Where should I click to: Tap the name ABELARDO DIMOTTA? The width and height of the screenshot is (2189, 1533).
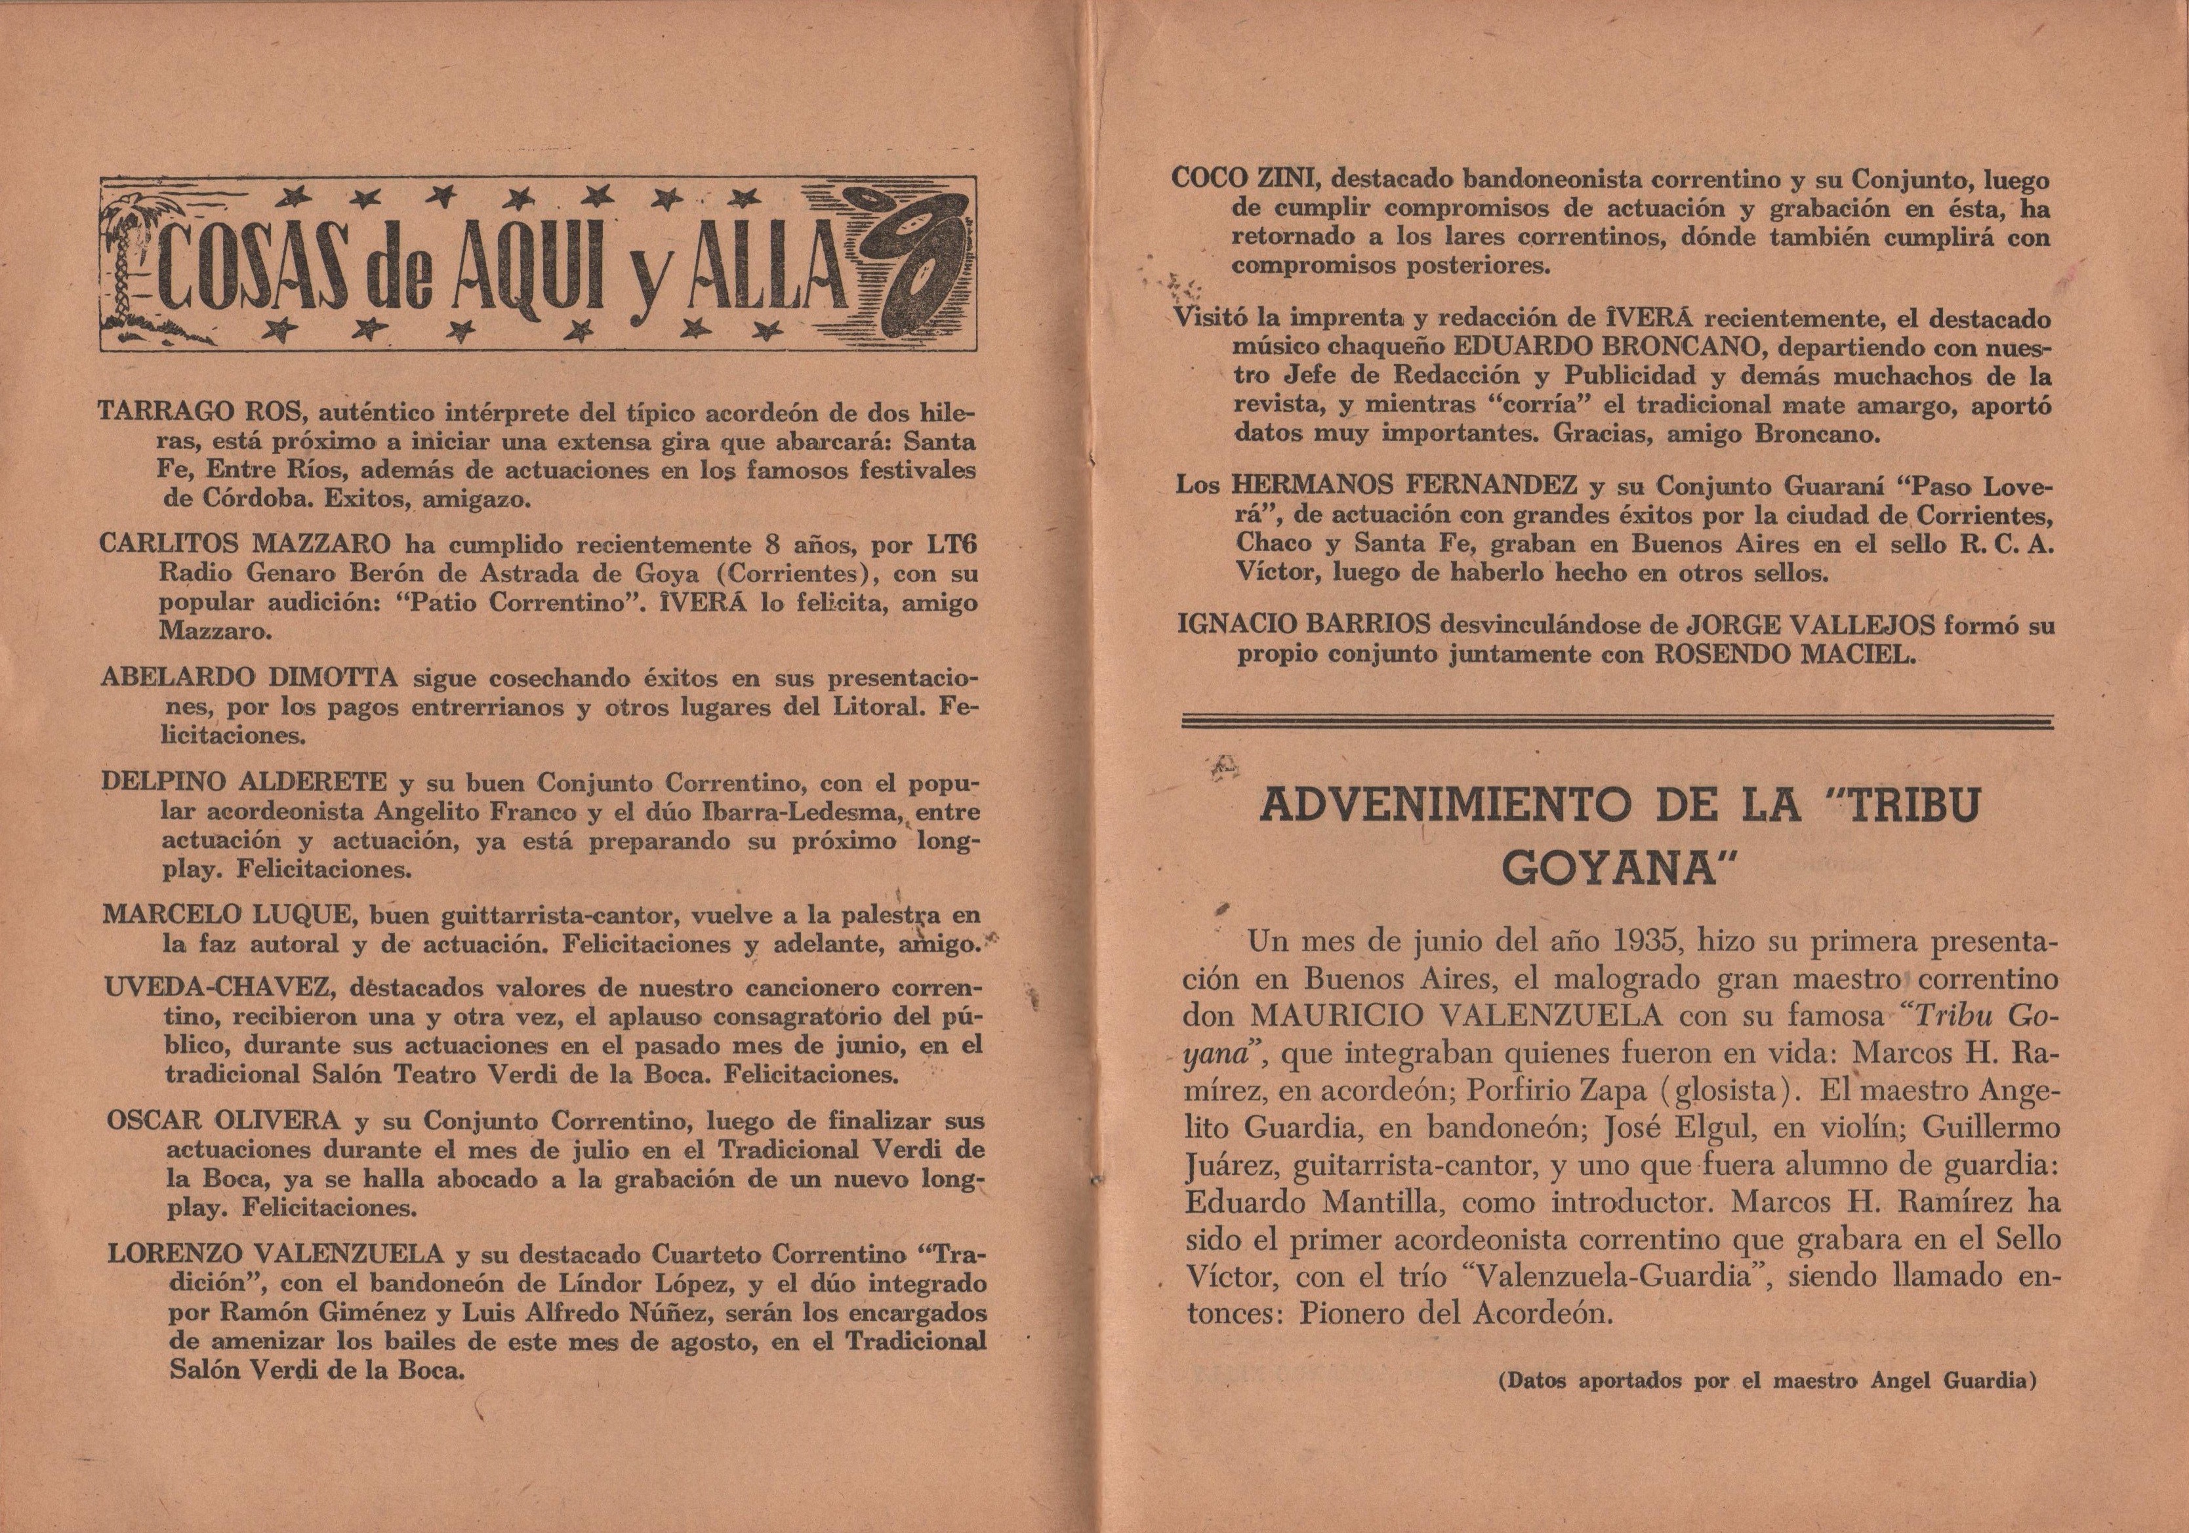251,679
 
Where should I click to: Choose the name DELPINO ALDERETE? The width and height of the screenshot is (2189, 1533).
244,784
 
